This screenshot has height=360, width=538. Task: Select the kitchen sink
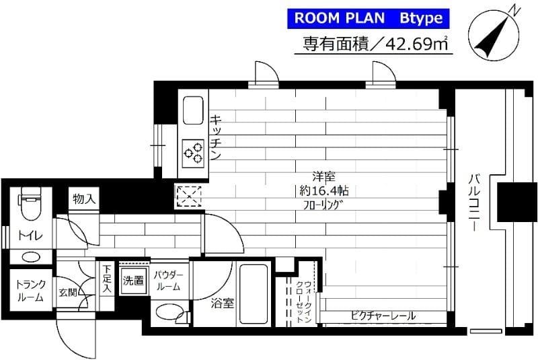point(193,111)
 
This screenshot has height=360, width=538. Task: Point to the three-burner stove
point(194,152)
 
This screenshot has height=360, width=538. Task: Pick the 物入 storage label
point(84,199)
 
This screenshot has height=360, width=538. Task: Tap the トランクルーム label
point(29,290)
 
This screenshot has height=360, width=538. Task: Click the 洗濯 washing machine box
point(133,280)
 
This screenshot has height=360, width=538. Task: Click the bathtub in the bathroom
point(254,293)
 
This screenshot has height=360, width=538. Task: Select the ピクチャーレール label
point(382,315)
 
